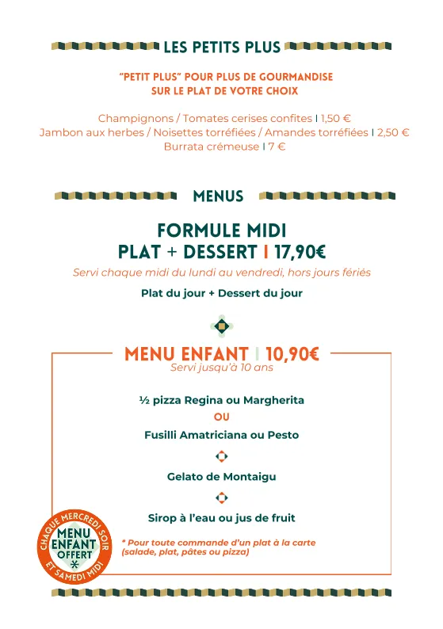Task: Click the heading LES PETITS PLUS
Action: click(222, 47)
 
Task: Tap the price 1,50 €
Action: click(336, 119)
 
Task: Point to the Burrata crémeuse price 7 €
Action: click(277, 147)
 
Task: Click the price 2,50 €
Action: click(393, 132)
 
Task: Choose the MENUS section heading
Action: click(218, 196)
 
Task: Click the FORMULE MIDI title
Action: click(222, 231)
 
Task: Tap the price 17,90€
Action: click(300, 252)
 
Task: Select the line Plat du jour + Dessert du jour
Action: click(222, 293)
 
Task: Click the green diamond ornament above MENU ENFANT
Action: click(222, 325)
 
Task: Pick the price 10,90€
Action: click(292, 354)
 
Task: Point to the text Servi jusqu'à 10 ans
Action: click(222, 368)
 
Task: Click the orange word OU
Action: click(222, 417)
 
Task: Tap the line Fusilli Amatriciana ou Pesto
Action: click(222, 435)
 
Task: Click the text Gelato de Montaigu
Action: click(222, 477)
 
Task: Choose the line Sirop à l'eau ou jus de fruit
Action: click(222, 518)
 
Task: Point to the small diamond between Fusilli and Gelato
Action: click(222, 456)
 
